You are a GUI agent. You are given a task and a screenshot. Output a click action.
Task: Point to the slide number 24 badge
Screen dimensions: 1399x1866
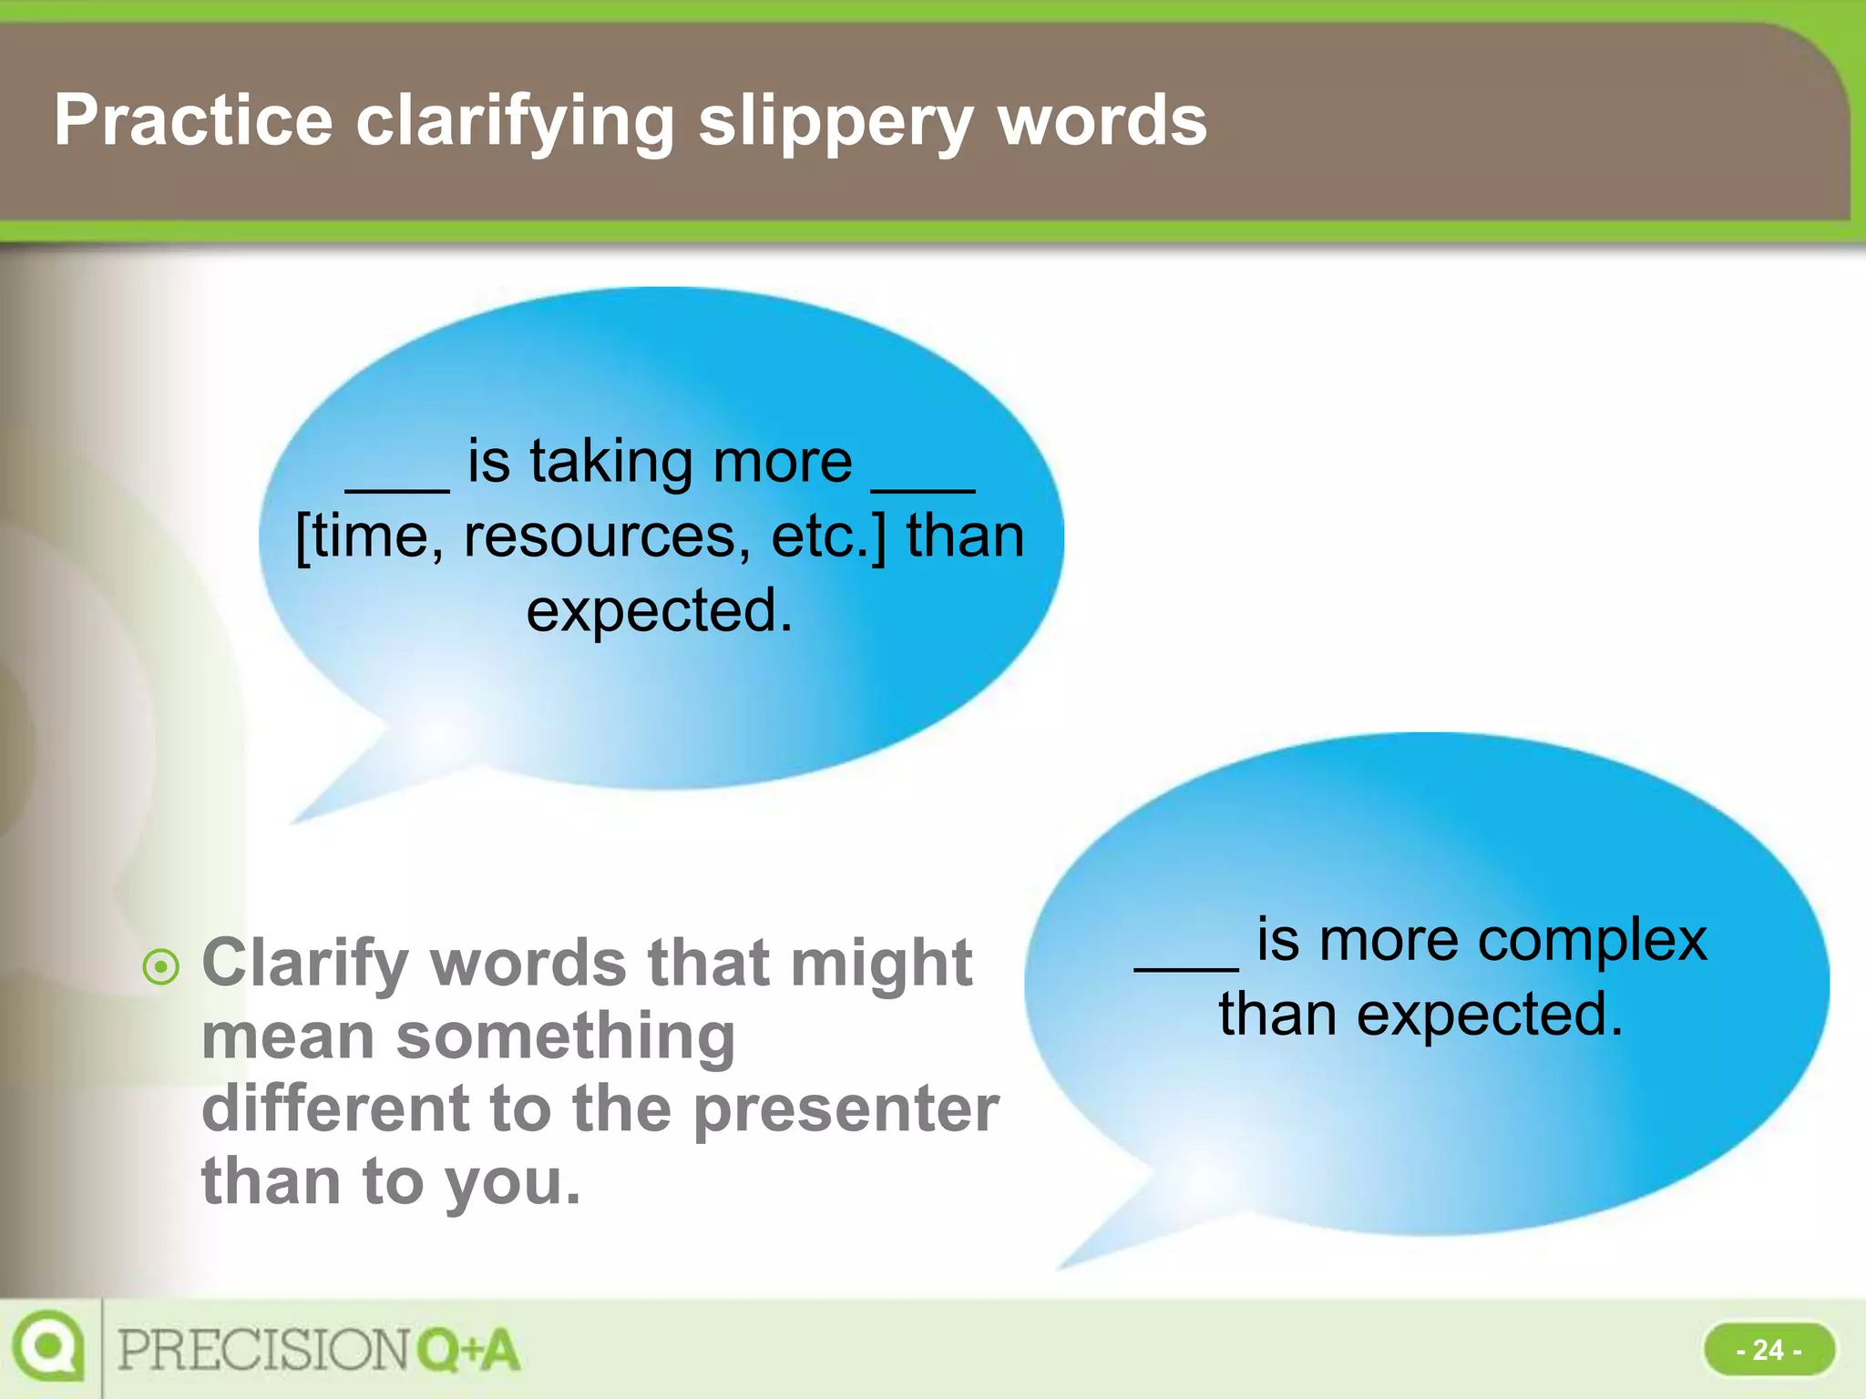[1769, 1349]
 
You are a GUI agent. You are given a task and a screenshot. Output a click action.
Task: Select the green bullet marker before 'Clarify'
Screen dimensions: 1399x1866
[161, 966]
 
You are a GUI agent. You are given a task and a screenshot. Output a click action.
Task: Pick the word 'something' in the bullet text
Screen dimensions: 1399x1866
[565, 1036]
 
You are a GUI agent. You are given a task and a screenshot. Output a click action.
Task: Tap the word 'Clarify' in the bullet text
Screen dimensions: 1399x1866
[305, 964]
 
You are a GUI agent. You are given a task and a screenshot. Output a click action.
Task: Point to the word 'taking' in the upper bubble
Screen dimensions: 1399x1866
[612, 462]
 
